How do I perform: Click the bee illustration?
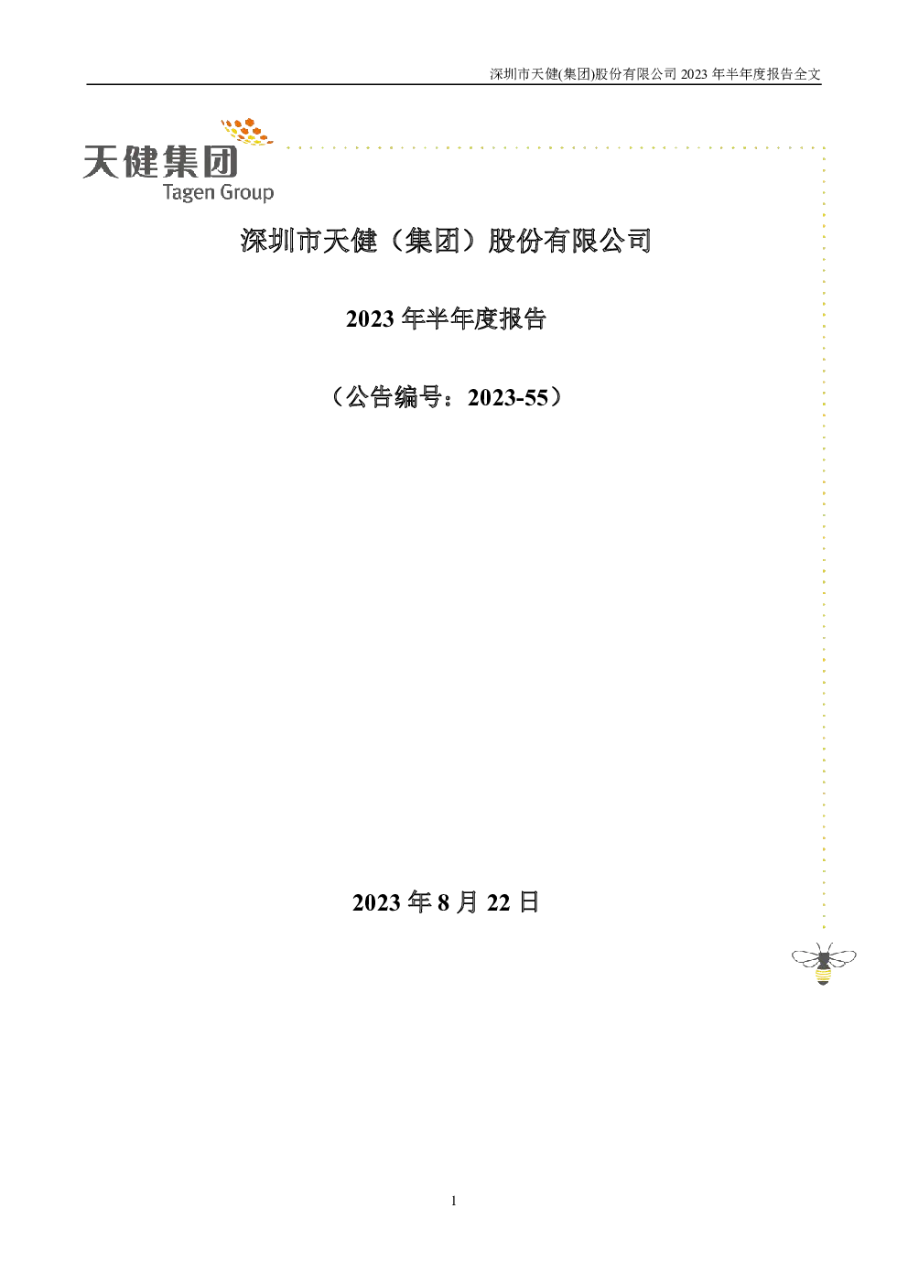click(x=823, y=964)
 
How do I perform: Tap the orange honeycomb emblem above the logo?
click(x=247, y=131)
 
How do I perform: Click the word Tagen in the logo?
click(x=188, y=192)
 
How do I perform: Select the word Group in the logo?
click(x=246, y=192)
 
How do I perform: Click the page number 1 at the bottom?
click(x=454, y=1201)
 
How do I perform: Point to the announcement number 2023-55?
click(x=508, y=398)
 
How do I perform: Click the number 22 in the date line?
click(x=498, y=902)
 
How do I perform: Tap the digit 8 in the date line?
click(x=443, y=902)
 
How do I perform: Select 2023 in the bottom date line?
click(x=376, y=902)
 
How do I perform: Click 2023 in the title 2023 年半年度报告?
click(x=370, y=319)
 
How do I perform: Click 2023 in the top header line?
click(x=694, y=74)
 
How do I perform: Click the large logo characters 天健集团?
click(x=161, y=161)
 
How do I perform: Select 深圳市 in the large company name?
click(x=281, y=240)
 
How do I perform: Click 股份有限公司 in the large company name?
click(x=569, y=240)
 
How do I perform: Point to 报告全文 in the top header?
click(x=794, y=74)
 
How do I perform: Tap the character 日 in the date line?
click(x=528, y=902)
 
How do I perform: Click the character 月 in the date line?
click(x=468, y=902)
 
